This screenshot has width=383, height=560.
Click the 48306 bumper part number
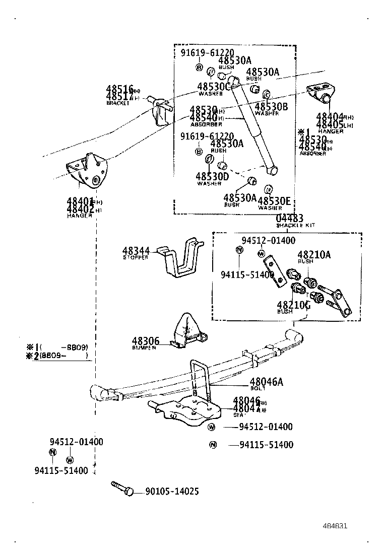(146, 341)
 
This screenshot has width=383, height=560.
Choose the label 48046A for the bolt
(266, 382)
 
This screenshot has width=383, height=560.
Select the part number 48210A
(313, 255)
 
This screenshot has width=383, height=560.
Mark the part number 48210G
(293, 305)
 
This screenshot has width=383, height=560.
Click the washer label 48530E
(274, 201)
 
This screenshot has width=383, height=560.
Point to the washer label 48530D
(212, 176)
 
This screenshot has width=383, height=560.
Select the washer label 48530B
(271, 106)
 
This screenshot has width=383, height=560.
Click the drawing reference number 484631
(335, 526)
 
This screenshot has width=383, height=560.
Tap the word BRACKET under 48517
(117, 103)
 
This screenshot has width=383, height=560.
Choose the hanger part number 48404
(330, 117)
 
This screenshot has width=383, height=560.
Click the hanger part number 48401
(80, 202)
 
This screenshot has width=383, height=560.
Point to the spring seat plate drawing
(186, 410)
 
